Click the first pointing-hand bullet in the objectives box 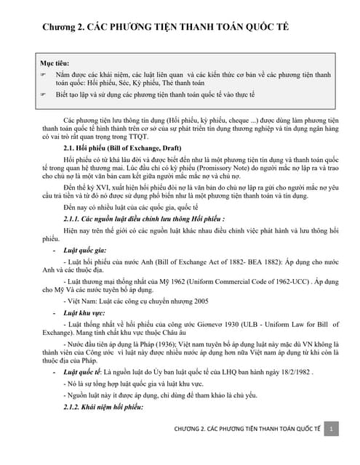pos(43,74)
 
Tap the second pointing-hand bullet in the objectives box pos(43,94)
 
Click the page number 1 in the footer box pos(331,449)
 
